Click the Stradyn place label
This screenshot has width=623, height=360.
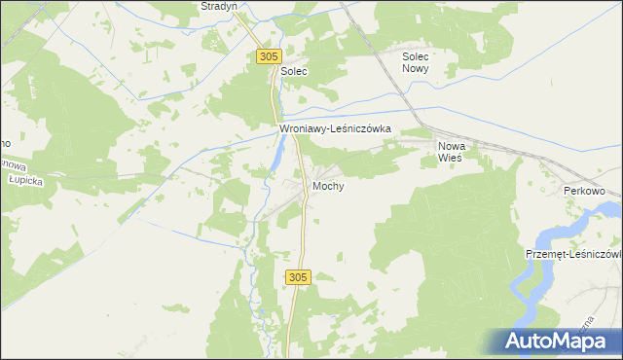coord(219,6)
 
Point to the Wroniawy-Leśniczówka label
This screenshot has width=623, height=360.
coord(335,127)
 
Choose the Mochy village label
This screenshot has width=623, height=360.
coord(328,185)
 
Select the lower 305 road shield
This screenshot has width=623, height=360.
coord(298,278)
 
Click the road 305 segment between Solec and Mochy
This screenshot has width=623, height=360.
coord(275,107)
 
